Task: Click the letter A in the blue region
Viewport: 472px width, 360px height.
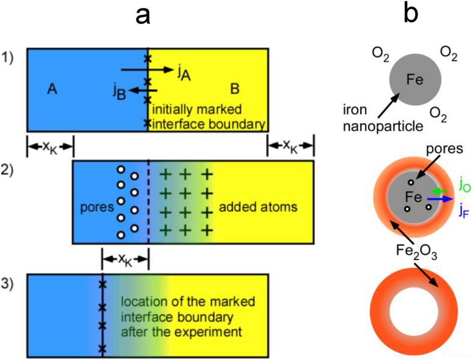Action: pos(52,89)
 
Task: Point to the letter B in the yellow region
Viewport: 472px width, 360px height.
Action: pos(235,89)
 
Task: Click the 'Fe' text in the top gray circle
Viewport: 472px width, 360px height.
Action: pos(415,81)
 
